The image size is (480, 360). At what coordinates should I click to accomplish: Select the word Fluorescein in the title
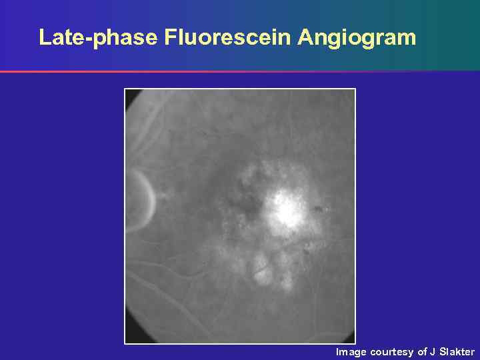click(227, 37)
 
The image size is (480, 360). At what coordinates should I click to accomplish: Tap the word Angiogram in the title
click(357, 38)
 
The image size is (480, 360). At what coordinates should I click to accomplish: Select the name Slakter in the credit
click(457, 351)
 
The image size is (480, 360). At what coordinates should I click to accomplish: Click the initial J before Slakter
click(433, 351)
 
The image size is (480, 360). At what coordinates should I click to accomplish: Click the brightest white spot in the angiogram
click(287, 211)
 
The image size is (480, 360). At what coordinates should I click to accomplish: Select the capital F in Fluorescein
click(169, 37)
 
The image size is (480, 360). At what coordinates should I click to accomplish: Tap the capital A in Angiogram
click(305, 37)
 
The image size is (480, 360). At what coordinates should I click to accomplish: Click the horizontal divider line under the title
click(240, 71)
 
